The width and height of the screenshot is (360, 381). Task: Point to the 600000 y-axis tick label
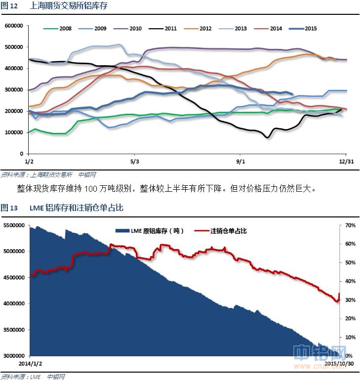tap(13, 26)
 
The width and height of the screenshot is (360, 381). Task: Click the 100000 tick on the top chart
tap(13, 132)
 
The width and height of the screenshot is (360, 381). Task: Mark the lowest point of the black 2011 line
tap(267, 137)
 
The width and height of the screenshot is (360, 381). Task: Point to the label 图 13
tap(9, 208)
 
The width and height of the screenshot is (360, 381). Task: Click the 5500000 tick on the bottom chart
tap(14, 225)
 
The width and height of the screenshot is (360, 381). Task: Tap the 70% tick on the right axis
tap(350, 225)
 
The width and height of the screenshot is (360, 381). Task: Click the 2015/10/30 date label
tap(339, 363)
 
